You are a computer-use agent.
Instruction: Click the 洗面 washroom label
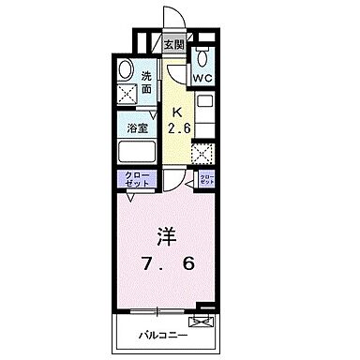(147, 81)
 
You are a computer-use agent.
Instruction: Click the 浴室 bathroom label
(138, 128)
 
